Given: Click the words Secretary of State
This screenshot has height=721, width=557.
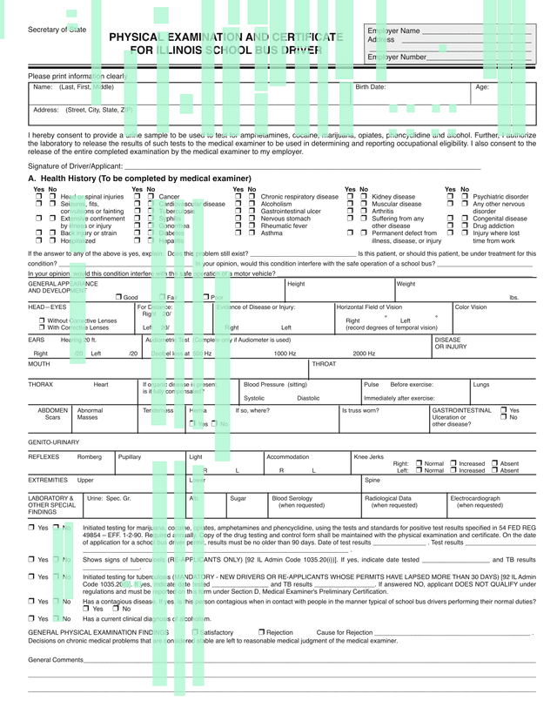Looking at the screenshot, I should pos(57,30).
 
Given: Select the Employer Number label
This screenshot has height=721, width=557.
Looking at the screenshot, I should pos(398,57).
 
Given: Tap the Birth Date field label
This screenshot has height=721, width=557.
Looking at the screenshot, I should pos(371,87).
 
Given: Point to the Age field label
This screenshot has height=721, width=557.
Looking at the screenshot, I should pos(482,87).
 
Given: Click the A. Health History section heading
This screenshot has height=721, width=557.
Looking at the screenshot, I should pos(128,179).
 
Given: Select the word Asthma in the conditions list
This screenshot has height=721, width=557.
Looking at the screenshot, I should pos(272,233).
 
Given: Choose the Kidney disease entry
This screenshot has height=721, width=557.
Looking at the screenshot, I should pos(393,198).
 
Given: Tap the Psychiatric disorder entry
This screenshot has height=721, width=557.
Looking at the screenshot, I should pos(500,198).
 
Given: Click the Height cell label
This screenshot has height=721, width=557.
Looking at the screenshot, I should pos(296,284).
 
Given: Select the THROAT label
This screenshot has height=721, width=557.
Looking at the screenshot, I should pos(324,364).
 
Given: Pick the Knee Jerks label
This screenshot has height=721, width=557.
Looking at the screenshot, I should pos(368,456).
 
